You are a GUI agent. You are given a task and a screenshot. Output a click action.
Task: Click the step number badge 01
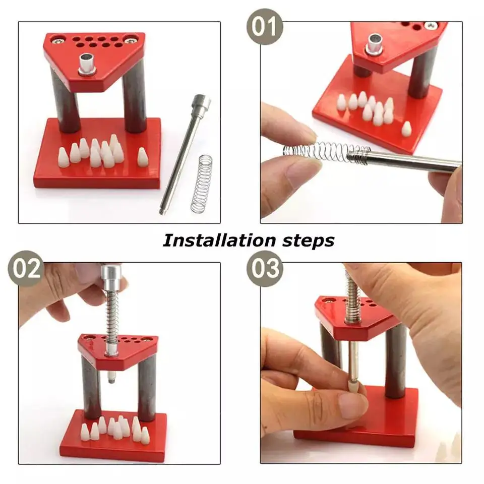point(265,26)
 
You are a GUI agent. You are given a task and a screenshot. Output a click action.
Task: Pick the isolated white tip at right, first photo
point(143,156)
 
